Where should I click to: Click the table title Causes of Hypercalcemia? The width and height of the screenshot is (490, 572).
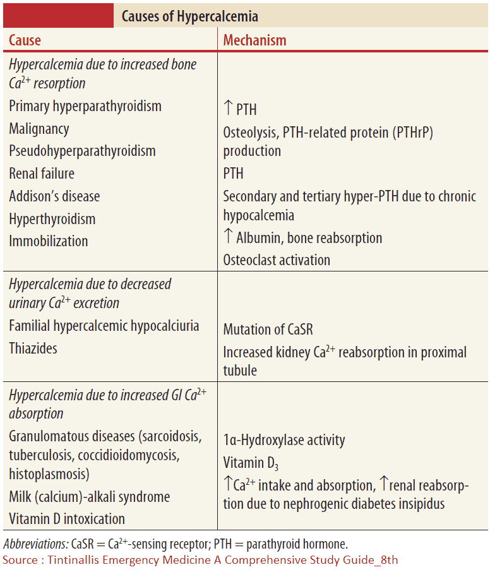[x=189, y=15]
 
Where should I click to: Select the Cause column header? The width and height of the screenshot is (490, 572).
[x=25, y=40]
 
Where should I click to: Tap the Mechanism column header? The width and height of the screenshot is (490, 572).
[x=254, y=40]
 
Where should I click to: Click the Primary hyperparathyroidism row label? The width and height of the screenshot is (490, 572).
[x=85, y=106]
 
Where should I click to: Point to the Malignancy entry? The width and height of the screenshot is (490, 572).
[x=39, y=129]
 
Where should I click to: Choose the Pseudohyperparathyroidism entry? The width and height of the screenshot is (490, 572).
[x=82, y=151]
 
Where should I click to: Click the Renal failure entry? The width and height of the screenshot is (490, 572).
[x=42, y=174]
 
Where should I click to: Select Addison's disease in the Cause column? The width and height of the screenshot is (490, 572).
[x=54, y=196]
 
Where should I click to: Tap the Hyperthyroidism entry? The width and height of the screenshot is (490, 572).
[x=52, y=219]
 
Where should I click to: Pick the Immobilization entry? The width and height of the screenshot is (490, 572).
[x=49, y=241]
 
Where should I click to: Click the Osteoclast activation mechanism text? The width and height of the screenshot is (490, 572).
[x=277, y=259]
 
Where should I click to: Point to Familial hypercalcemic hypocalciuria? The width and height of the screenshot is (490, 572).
[x=104, y=326]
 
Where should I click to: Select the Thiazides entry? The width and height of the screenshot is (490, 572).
[x=33, y=348]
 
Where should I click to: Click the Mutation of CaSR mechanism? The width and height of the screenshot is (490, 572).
[x=268, y=330]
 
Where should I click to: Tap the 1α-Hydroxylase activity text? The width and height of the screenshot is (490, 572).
[x=284, y=440]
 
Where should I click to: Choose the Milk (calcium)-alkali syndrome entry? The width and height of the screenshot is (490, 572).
[x=90, y=497]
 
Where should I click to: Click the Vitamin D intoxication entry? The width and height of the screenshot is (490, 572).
[x=67, y=519]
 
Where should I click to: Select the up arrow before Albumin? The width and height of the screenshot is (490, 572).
[x=229, y=237]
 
